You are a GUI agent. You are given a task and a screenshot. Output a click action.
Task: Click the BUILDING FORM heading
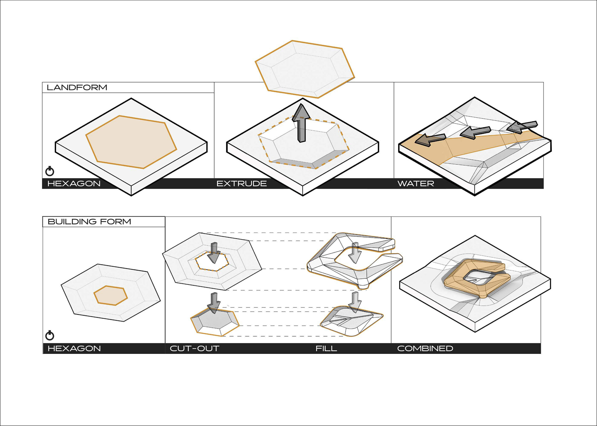[x=89, y=222]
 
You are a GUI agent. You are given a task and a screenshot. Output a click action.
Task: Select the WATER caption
[x=416, y=184]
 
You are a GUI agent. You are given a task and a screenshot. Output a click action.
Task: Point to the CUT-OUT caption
[x=194, y=348]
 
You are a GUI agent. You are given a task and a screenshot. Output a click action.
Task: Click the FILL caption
[x=326, y=348]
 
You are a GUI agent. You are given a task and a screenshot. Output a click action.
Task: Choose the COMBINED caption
[x=425, y=348]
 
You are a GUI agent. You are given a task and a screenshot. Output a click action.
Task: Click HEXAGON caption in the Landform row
[x=74, y=184]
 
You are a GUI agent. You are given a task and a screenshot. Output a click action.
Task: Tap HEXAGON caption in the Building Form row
[x=74, y=348]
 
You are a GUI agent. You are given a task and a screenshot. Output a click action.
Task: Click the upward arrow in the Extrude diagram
[x=302, y=123]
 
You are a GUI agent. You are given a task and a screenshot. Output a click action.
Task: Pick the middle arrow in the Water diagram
[x=475, y=133]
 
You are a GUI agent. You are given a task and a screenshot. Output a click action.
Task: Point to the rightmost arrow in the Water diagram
[x=522, y=126]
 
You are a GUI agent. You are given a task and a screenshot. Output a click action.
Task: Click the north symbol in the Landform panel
[x=50, y=171]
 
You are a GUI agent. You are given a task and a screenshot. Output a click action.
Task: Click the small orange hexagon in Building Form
[x=111, y=295]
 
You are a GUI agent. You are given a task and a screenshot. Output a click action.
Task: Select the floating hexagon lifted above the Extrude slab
[x=305, y=69]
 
